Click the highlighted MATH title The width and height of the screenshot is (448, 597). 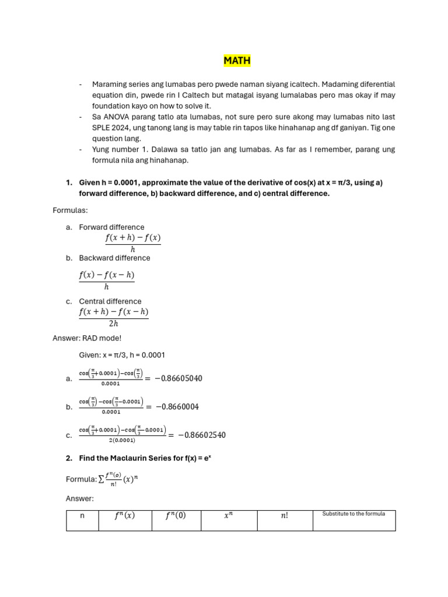coord(237,60)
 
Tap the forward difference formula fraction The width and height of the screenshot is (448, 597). coord(132,243)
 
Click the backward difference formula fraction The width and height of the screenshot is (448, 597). coord(106,280)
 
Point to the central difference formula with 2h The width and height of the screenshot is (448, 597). coord(113,318)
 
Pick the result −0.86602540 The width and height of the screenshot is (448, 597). coord(201,435)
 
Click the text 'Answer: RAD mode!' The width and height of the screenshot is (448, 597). coord(87,338)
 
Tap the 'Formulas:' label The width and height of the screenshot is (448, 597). coord(70,210)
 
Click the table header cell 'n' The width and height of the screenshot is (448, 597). coord(82,515)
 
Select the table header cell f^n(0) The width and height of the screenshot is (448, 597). coord(176,515)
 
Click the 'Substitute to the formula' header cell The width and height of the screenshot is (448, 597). coord(353,514)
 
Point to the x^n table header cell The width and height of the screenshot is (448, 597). coord(227,515)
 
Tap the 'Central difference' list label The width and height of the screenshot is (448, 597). coord(110,301)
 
